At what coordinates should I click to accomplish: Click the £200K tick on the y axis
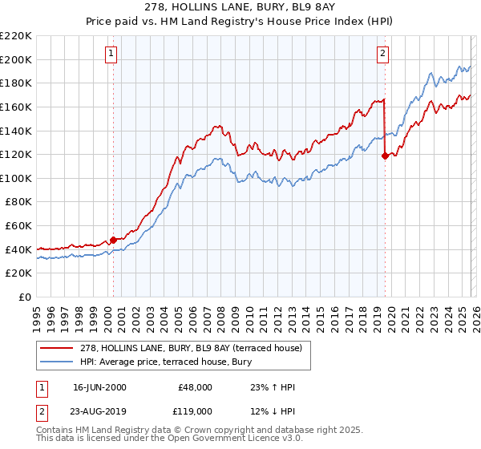point(16,59)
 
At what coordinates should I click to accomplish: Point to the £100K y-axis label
point(16,178)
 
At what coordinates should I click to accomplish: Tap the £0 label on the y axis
point(24,297)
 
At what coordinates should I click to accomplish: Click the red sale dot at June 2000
point(113,239)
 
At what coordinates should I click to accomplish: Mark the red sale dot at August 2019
point(385,156)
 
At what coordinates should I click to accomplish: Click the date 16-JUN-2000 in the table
point(99,387)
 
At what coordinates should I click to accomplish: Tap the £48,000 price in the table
point(195,387)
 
